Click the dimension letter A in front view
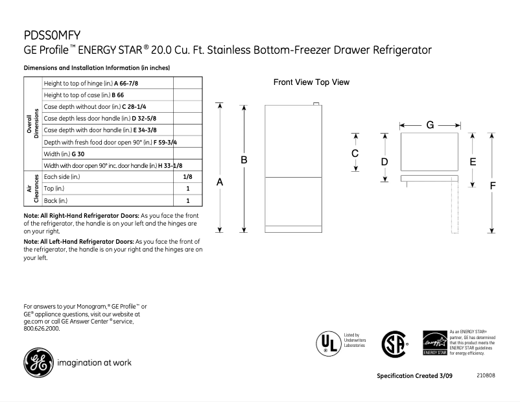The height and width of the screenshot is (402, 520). [220, 183]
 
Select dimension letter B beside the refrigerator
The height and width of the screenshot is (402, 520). [244, 160]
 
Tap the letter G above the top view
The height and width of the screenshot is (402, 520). [430, 124]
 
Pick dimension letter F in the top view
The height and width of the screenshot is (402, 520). [493, 185]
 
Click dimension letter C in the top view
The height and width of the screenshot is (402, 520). [355, 154]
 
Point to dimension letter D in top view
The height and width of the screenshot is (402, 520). [384, 161]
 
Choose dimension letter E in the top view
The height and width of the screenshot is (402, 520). [473, 161]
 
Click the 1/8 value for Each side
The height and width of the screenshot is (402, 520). [187, 176]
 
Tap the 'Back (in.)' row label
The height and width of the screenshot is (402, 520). [56, 201]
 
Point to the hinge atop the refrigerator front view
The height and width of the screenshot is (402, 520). [316, 102]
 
